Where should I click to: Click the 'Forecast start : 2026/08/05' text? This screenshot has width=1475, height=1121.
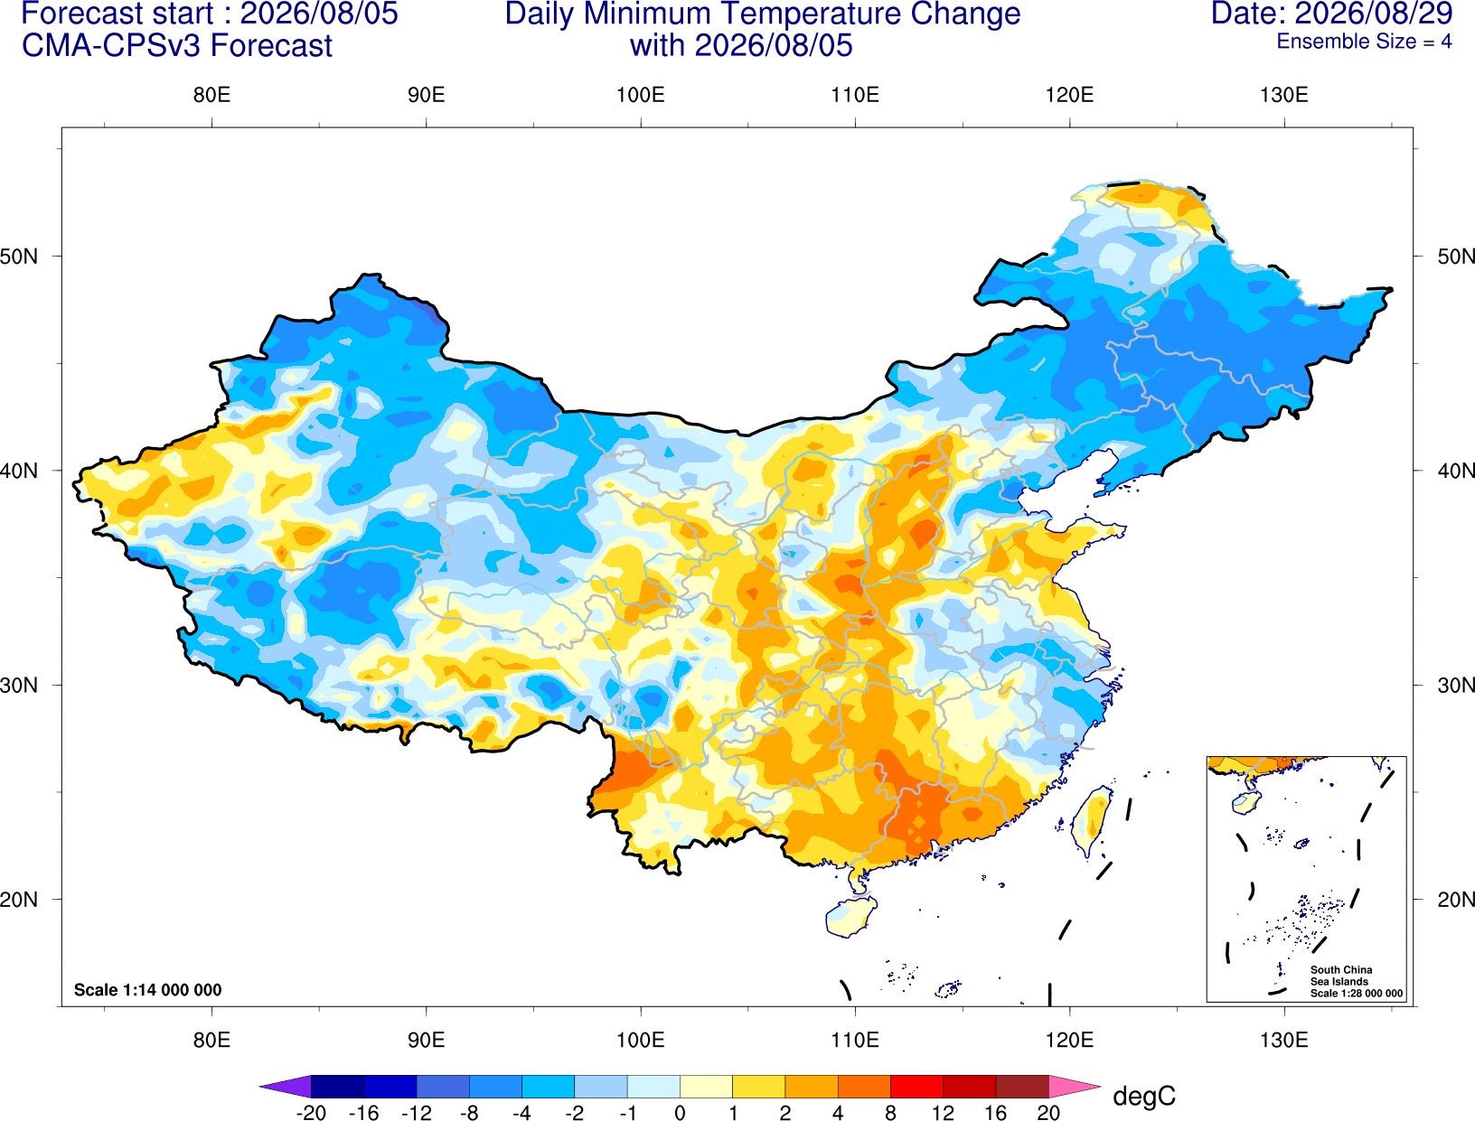tap(210, 14)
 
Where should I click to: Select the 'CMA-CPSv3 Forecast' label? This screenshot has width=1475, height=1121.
tap(177, 46)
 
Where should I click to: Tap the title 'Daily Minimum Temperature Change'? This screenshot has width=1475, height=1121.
tap(763, 14)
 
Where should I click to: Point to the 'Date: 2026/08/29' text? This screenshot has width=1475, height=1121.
tap(1332, 14)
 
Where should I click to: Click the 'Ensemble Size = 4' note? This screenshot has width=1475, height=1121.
tap(1364, 42)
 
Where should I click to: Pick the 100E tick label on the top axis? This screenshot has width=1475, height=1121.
tap(641, 95)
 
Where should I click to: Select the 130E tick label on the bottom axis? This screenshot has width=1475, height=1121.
tap(1284, 1041)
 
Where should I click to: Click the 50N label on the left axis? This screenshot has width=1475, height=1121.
tap(19, 256)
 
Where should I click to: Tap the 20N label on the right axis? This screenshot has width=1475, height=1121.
tap(1456, 900)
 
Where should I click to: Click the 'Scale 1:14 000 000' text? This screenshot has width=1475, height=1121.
tap(148, 989)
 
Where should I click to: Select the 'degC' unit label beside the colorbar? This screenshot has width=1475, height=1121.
tap(1143, 1096)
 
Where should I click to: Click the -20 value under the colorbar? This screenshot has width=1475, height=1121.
tap(311, 1113)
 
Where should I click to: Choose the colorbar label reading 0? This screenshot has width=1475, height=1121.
tap(680, 1113)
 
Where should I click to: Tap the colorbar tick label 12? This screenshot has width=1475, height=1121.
tap(943, 1113)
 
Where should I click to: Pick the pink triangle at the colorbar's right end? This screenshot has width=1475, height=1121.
tap(1074, 1086)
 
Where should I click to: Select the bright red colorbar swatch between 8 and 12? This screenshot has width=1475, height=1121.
tap(916, 1086)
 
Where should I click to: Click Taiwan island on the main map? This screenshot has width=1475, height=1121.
tap(1091, 820)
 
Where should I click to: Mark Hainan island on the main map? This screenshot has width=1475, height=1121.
tap(850, 916)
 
